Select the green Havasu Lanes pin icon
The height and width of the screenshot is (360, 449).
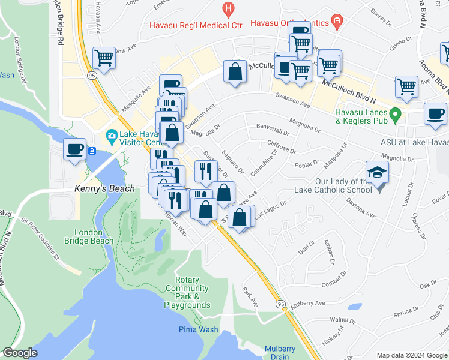pyautogui.click(x=394, y=113)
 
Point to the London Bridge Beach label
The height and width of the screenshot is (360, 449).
pyautogui.click(x=93, y=236)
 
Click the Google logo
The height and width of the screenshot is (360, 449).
pyautogui.click(x=20, y=353)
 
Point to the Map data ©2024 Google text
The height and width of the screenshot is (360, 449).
pyautogui.click(x=412, y=355)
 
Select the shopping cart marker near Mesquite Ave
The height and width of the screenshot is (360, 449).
pyautogui.click(x=104, y=58)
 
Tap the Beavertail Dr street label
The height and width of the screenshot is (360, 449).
pyautogui.click(x=272, y=127)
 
